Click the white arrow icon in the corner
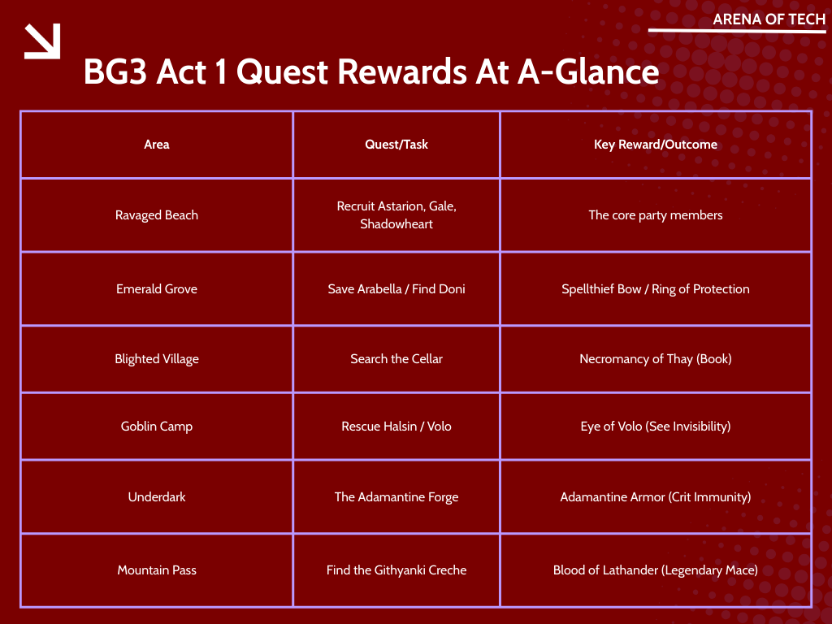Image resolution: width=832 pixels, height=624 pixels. pyautogui.click(x=42, y=41)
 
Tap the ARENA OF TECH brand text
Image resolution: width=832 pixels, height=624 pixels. pyautogui.click(x=769, y=19)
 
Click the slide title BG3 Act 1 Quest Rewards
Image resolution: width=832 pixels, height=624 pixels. pyautogui.click(x=370, y=72)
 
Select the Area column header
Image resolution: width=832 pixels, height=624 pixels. pyautogui.click(x=157, y=145)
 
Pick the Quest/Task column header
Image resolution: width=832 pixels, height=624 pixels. pyautogui.click(x=396, y=145)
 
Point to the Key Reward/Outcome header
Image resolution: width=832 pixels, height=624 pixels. pyautogui.click(x=656, y=145)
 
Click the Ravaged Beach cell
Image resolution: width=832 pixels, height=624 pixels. pyautogui.click(x=157, y=215)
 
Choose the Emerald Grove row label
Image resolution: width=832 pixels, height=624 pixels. pyautogui.click(x=157, y=289)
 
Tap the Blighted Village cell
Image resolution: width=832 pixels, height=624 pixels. pyautogui.click(x=157, y=359)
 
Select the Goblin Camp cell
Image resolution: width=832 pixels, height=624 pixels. pyautogui.click(x=157, y=427)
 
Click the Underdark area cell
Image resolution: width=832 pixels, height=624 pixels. pyautogui.click(x=157, y=497)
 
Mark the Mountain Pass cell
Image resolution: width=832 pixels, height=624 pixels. pyautogui.click(x=157, y=570)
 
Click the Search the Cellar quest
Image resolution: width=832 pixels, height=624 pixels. pyautogui.click(x=396, y=359)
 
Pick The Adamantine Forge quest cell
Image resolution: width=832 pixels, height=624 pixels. pyautogui.click(x=396, y=497)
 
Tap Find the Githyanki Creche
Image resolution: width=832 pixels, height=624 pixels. pyautogui.click(x=396, y=570)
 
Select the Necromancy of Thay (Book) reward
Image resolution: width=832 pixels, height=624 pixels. pyautogui.click(x=656, y=359)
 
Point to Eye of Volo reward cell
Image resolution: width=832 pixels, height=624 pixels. pyautogui.click(x=656, y=427)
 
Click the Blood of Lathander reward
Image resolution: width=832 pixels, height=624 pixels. pyautogui.click(x=656, y=570)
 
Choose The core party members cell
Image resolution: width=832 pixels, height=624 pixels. pyautogui.click(x=656, y=215)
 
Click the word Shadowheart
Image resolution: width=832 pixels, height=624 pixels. pyautogui.click(x=396, y=224)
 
